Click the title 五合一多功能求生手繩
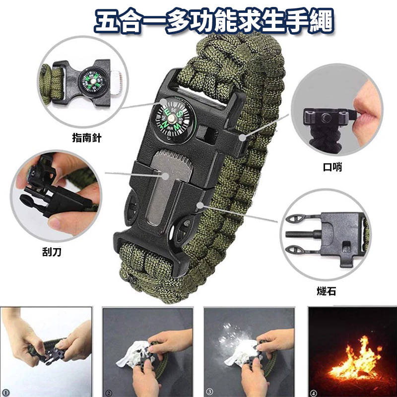tap(214, 21)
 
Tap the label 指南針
tap(86, 138)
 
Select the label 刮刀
tap(52, 252)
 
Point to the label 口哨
tap(332, 167)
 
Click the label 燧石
tap(327, 291)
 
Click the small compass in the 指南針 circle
tap(93, 81)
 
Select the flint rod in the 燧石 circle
tap(303, 234)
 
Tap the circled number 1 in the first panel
tap(5, 393)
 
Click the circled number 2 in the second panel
tap(109, 393)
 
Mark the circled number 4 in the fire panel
tap(314, 393)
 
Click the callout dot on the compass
tap(164, 102)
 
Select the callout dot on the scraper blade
tap(166, 176)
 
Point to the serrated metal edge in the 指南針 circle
tap(117, 83)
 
